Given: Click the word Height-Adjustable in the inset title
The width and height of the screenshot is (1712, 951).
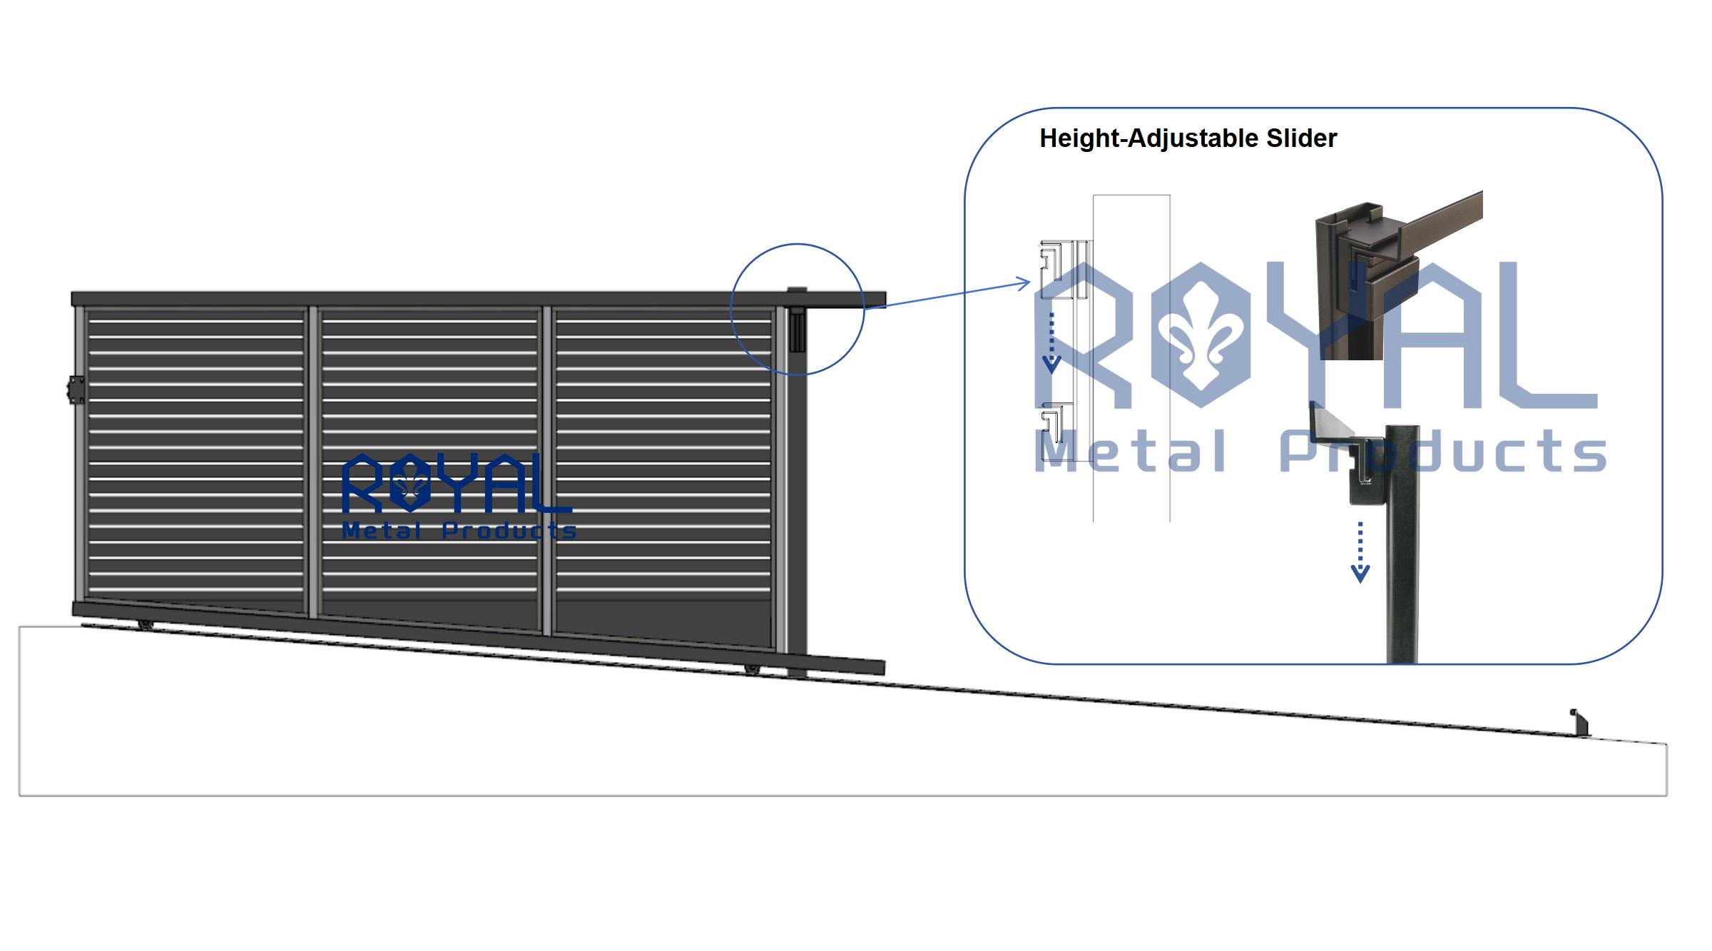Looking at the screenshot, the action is pos(1149,139).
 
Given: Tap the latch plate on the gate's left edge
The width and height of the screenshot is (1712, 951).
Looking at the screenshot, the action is pos(75,390).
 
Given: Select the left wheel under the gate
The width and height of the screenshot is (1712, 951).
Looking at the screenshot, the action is pos(146,625).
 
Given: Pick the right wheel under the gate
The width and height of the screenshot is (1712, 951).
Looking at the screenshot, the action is pos(752,669).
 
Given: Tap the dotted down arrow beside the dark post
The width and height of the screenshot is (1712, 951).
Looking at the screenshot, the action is pos(1360,552).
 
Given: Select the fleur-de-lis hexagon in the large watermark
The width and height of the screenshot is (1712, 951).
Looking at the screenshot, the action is pos(1202,335).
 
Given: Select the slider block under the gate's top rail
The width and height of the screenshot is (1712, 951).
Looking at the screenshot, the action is pos(796,329).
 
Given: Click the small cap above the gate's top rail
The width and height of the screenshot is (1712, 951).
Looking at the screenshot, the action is pos(797,289).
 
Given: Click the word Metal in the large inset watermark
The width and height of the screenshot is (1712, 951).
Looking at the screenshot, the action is pos(1131,451).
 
